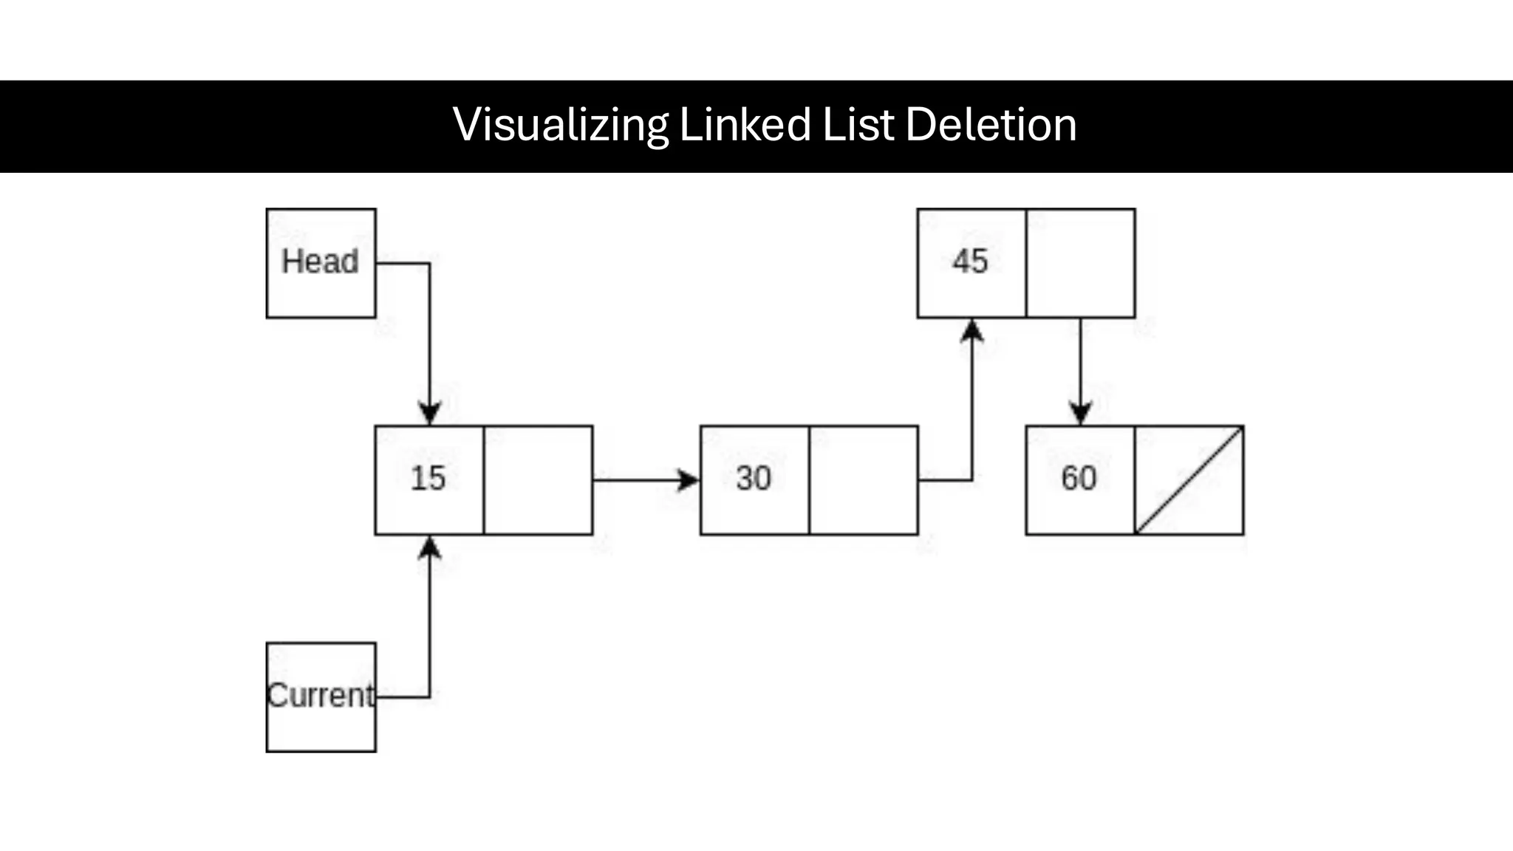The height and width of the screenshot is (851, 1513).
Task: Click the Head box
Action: click(x=321, y=263)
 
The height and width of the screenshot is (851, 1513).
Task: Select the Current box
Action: click(x=321, y=697)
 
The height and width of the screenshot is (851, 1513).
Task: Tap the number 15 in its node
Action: click(x=428, y=479)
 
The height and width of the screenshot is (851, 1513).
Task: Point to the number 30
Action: click(x=754, y=479)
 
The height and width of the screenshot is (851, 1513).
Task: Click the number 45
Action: click(x=970, y=262)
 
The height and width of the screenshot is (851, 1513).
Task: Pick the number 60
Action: click(x=1079, y=479)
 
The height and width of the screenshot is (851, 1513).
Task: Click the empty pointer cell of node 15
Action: click(x=538, y=480)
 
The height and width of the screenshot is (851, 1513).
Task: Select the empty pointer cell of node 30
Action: click(x=863, y=480)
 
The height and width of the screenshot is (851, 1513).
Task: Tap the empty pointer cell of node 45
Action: click(x=1080, y=263)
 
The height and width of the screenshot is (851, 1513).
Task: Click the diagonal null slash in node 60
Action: click(x=1189, y=480)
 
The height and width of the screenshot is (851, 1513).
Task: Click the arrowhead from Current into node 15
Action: click(x=430, y=547)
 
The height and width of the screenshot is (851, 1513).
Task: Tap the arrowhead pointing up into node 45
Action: click(x=971, y=330)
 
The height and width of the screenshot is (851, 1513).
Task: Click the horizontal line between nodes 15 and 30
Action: click(x=635, y=480)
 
